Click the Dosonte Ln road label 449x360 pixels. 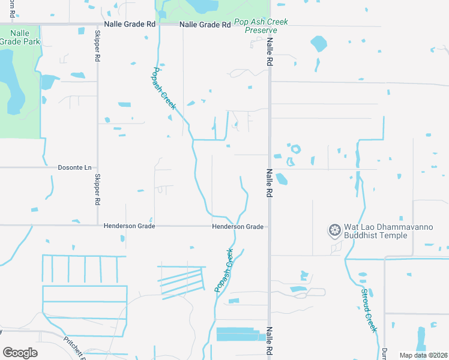74,167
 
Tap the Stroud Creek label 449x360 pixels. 369,311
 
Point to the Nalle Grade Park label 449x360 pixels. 13,37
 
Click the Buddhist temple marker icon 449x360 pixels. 334,230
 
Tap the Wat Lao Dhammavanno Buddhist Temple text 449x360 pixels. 375,232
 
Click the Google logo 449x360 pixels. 20,353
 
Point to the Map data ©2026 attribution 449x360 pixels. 423,355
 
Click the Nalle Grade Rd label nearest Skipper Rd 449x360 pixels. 130,25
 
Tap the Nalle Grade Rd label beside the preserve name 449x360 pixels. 205,25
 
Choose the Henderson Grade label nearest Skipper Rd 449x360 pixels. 129,226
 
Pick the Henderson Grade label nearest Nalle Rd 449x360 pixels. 237,226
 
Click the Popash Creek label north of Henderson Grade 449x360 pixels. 163,88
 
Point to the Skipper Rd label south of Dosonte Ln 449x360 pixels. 97,190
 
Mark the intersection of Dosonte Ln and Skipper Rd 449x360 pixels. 98,167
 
